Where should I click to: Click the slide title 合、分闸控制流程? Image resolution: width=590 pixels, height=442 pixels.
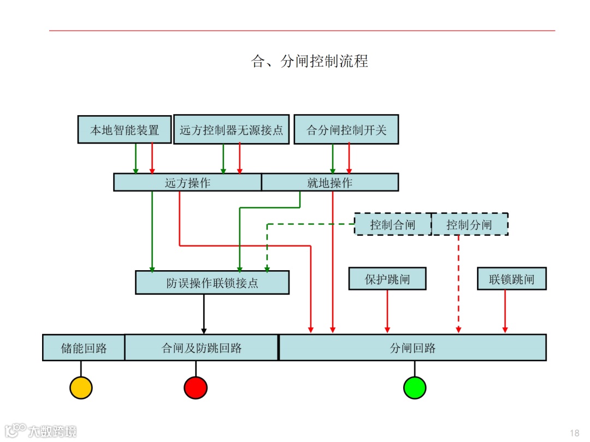point(309,61)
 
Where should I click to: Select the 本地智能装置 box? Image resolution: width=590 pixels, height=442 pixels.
point(125,130)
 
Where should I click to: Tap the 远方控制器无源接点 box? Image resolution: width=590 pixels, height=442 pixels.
point(231,130)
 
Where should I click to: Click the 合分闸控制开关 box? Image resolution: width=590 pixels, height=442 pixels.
point(346,130)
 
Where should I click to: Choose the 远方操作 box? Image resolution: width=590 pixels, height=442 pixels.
point(187,182)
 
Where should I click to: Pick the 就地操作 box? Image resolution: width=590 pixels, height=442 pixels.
point(330,182)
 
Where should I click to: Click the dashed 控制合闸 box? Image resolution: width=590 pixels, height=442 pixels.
point(393,224)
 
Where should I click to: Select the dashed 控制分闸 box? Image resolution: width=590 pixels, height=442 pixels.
point(469,224)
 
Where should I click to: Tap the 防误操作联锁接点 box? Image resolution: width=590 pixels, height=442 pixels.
point(212,283)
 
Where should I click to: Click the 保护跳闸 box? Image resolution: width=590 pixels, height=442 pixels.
point(387,279)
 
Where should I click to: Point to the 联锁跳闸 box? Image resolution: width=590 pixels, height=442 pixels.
point(512,279)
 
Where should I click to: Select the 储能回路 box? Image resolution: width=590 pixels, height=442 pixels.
point(84,348)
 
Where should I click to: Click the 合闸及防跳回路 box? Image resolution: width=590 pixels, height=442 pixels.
point(202,348)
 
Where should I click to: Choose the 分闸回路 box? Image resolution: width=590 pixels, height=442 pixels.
point(412,348)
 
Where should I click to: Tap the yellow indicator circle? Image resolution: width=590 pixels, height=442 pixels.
point(81,387)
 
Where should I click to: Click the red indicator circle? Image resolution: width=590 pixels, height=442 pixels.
point(196,387)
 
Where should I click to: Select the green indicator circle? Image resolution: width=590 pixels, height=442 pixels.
point(415,387)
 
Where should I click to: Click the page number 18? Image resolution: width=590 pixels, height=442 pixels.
point(574,433)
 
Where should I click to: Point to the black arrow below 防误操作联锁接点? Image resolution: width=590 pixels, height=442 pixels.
point(204,314)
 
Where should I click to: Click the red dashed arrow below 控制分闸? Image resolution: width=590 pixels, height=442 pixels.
point(458,284)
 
